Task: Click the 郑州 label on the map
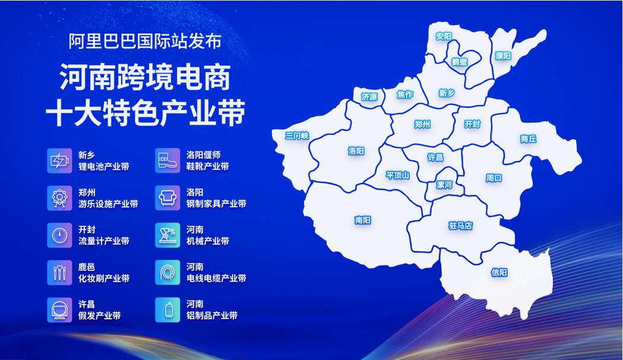coord(422,124)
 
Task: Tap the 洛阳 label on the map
coord(356,151)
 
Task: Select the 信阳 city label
coord(499,272)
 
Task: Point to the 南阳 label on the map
coord(363,220)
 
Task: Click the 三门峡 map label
coord(297,136)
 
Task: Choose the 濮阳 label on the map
coord(503,56)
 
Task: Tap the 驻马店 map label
coord(460,226)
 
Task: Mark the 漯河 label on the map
coord(444,185)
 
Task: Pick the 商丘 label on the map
coord(529,138)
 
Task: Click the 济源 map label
coord(369,97)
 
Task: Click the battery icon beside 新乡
coord(59,161)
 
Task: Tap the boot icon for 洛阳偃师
coord(167,161)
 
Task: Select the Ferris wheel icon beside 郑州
coord(59,198)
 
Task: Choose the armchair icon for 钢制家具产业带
coord(167,198)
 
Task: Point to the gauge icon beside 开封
coord(59,235)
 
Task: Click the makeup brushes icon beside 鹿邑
coord(59,273)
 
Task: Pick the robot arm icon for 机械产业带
coord(167,235)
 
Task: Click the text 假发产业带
coord(99,315)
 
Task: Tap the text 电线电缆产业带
coord(217,278)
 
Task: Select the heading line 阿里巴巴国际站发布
coord(145,41)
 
